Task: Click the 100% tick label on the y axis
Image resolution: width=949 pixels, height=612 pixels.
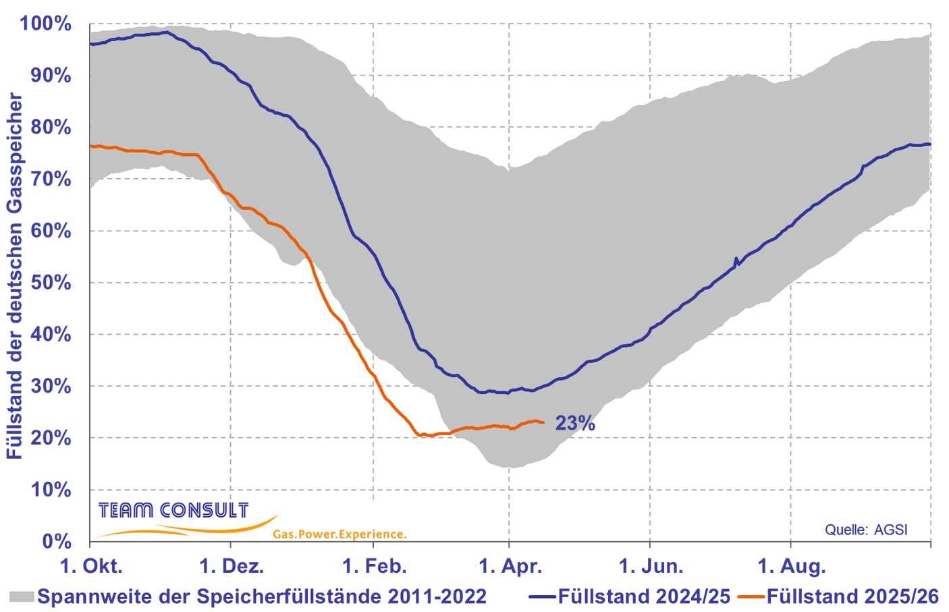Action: point(45,24)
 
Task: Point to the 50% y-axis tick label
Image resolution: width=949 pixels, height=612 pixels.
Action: point(51,283)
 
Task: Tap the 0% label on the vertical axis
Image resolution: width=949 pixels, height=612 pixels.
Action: point(57,541)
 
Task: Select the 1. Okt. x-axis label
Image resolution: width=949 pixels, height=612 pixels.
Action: point(91,565)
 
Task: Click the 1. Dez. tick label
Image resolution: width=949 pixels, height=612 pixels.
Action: point(232,565)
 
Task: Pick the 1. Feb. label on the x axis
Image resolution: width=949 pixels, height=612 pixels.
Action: point(375,565)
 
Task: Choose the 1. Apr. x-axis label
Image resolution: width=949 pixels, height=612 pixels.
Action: point(510,565)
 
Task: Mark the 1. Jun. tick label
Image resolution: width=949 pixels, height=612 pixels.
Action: point(651,565)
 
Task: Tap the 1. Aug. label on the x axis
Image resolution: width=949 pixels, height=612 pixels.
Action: point(791,565)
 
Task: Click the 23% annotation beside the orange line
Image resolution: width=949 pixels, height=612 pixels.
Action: point(575,423)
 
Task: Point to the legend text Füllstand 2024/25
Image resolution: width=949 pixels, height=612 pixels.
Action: point(644,596)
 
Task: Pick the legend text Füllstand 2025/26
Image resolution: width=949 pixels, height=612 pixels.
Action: point(852,596)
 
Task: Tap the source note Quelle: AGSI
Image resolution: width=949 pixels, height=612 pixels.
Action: point(866,530)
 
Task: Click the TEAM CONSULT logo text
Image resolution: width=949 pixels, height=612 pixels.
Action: point(173,510)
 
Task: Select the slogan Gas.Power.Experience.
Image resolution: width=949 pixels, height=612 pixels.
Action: point(340,534)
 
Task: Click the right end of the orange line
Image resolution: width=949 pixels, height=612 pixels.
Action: point(543,423)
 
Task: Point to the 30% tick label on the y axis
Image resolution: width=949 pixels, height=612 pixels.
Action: point(51,386)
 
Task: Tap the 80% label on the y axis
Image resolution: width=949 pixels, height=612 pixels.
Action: point(51,127)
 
